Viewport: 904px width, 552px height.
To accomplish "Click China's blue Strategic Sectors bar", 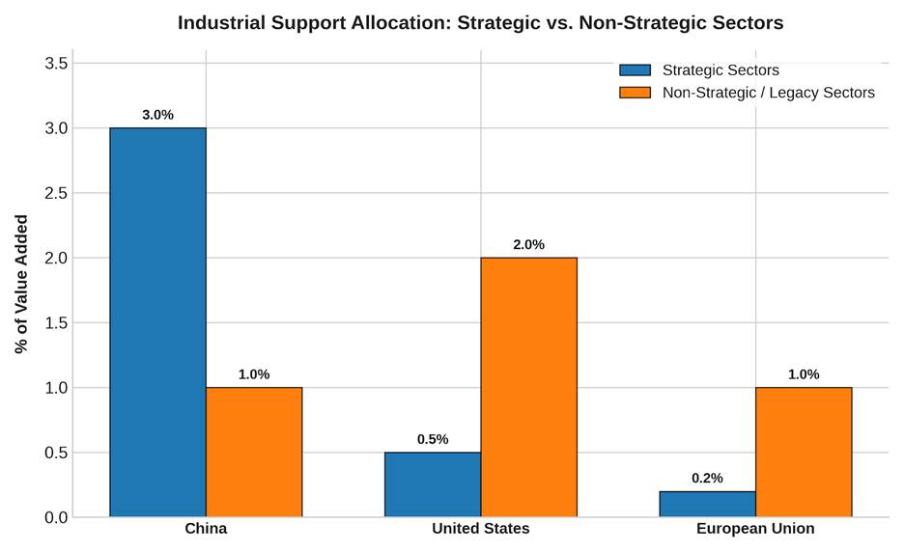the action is coord(158,322).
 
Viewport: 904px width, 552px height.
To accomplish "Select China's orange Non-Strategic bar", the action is coord(254,452).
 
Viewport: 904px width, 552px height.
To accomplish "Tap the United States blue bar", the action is coord(433,484).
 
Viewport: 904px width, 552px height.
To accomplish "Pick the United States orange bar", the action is coord(528,387).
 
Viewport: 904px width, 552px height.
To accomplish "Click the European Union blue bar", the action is coord(707,504).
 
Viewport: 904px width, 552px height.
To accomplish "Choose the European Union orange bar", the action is coord(804,452).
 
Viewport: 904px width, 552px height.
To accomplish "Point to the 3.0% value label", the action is coord(158,115).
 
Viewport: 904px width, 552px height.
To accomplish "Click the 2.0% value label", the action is coord(528,244).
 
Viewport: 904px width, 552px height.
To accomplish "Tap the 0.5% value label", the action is coord(433,439).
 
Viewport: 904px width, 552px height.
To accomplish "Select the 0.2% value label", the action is coord(707,479).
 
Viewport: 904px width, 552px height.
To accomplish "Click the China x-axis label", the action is coord(206,529).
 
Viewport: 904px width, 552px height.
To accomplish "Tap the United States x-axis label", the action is coord(481,529).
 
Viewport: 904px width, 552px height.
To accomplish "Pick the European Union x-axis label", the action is coord(755,529).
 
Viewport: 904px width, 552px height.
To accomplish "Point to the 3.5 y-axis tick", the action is coord(56,63).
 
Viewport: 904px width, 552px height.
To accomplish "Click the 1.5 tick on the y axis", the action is coord(56,322).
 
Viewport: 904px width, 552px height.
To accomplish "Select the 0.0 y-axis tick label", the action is coord(56,517).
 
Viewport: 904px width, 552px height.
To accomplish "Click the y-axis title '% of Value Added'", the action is coord(21,284).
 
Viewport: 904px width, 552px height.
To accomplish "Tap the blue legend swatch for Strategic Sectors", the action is coord(635,70).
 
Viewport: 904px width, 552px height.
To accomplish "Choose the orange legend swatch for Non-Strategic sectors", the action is coord(635,93).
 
